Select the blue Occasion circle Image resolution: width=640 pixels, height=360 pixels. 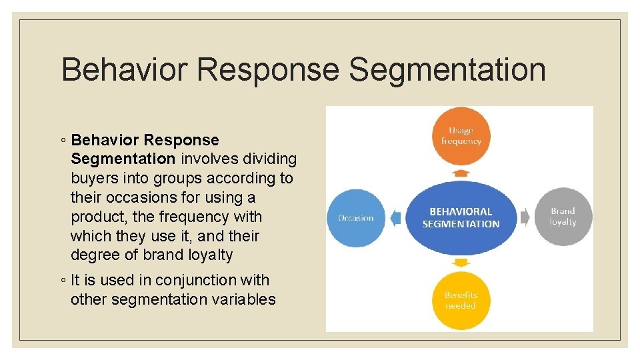click(x=355, y=218)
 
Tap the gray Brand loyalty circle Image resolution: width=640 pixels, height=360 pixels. click(x=563, y=217)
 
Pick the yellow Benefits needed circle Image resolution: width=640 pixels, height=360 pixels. click(x=461, y=301)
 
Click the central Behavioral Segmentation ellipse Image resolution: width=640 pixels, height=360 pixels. click(x=461, y=218)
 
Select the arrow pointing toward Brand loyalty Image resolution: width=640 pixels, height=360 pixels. click(x=525, y=217)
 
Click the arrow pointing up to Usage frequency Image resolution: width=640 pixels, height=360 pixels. click(x=461, y=173)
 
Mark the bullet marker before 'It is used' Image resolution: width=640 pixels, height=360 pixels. click(x=61, y=281)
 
